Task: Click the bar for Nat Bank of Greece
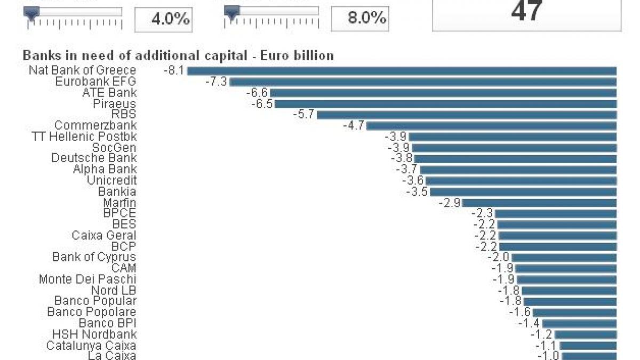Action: (402, 71)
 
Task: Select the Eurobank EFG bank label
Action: (95, 82)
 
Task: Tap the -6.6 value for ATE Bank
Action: (257, 93)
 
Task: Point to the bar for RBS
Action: (467, 115)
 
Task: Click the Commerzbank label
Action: (95, 126)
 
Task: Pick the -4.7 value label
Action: (353, 126)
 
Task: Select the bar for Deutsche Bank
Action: (515, 159)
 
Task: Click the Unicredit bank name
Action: (111, 180)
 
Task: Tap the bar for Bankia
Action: (523, 191)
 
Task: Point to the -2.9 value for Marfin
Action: (449, 203)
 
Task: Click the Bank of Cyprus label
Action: (94, 257)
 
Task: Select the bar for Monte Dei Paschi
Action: (566, 279)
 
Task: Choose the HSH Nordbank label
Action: (94, 334)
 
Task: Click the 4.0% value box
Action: (163, 19)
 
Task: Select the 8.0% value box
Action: (359, 18)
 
